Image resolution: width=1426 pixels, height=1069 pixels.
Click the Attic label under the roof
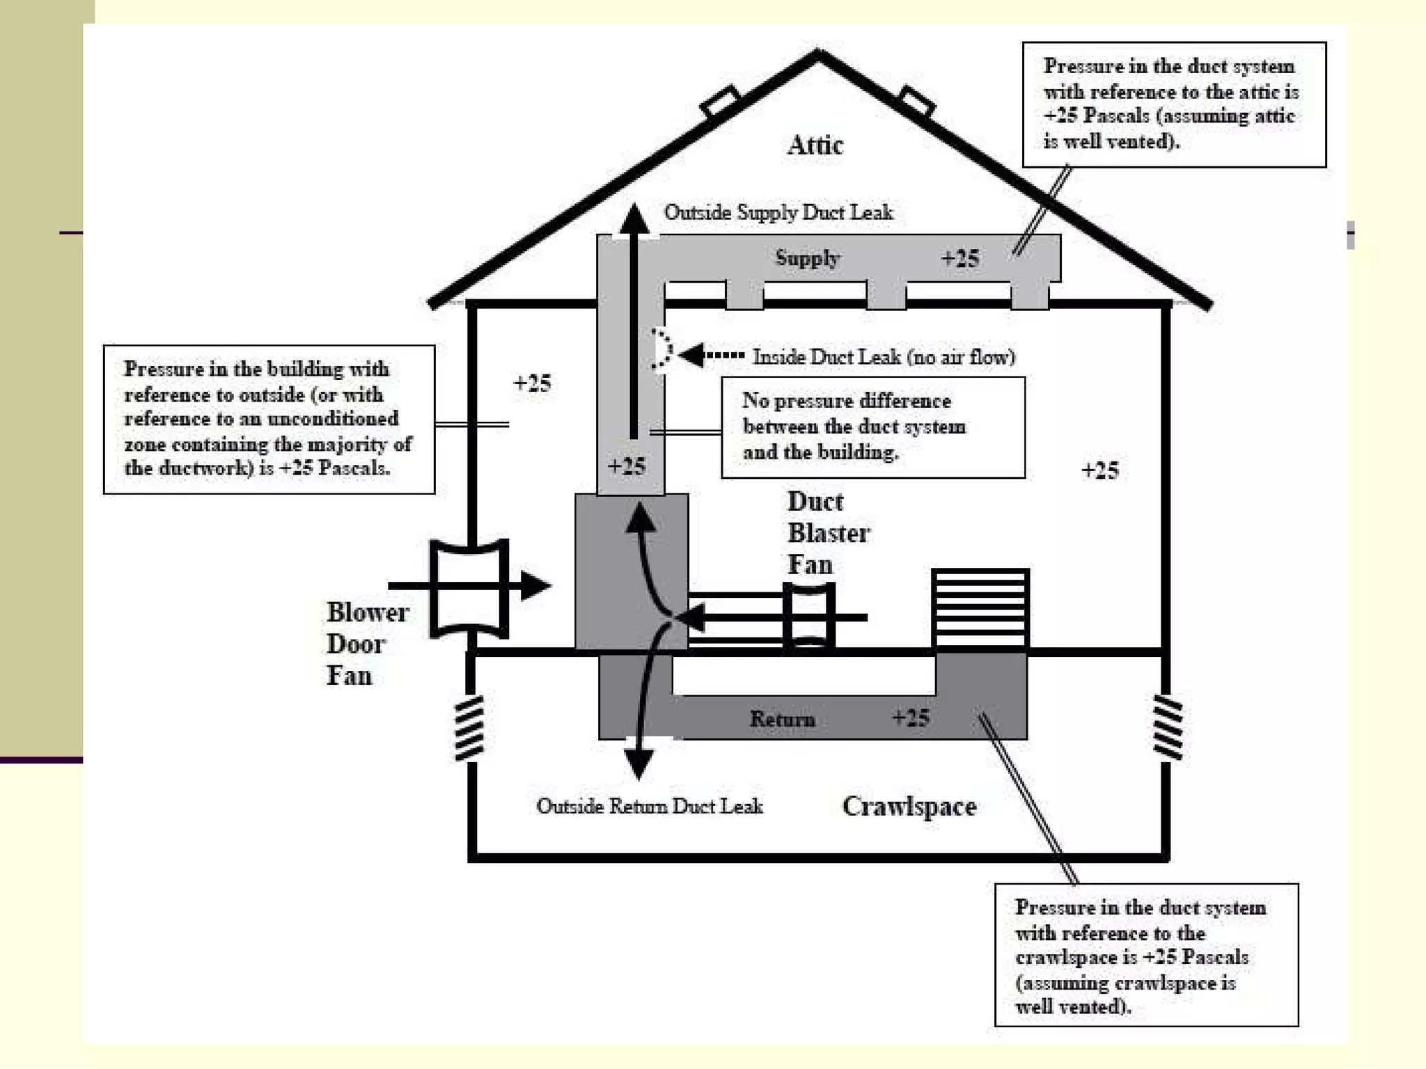click(x=815, y=145)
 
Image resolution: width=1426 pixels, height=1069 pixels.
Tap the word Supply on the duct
click(x=808, y=258)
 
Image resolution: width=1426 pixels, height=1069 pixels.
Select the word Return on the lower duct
click(x=782, y=719)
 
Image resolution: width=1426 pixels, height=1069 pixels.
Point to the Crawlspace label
click(x=909, y=807)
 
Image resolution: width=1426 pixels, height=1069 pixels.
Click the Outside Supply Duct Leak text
click(x=778, y=212)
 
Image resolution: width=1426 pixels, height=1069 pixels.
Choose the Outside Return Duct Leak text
click(x=649, y=806)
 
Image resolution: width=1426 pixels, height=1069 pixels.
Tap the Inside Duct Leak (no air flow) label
click(x=883, y=357)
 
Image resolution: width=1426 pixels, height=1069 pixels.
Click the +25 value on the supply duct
click(x=960, y=259)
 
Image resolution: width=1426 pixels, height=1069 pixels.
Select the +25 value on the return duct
click(x=911, y=718)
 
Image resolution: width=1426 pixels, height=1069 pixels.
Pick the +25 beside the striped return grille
click(x=1099, y=470)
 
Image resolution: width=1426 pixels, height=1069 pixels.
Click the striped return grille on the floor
click(x=980, y=608)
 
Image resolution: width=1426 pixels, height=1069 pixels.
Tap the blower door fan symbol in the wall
click(x=469, y=588)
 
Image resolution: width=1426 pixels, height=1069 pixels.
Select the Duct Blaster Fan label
click(x=828, y=533)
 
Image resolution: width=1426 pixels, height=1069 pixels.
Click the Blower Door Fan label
click(x=367, y=644)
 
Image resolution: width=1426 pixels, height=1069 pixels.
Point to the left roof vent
click(x=720, y=101)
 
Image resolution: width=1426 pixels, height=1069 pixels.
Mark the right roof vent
click(x=916, y=101)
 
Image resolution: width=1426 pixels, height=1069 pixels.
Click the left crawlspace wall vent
click(x=469, y=728)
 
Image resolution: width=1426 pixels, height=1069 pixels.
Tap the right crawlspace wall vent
click(x=1168, y=727)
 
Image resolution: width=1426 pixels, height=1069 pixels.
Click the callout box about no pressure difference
click(x=872, y=427)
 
